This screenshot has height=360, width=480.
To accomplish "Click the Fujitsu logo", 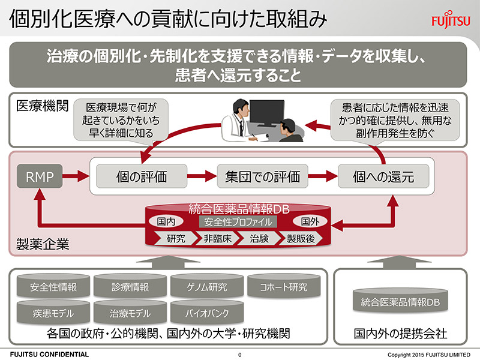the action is pos(451,20).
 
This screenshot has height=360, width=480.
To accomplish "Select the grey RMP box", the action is pos(40,176).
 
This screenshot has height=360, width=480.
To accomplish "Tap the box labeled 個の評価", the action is pos(142,176).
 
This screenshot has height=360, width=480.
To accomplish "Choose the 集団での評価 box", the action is pos(262,176).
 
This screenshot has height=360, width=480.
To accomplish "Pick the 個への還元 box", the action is pos(383,176).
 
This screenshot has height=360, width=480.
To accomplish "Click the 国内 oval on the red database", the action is pos(166,221).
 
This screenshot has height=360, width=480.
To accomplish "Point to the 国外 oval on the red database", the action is pos(310,221).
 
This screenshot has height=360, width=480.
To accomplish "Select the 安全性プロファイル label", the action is pos(238,221).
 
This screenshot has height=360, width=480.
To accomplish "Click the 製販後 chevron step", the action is pos(301,238).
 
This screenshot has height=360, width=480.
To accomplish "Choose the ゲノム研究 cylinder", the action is pos(207,286).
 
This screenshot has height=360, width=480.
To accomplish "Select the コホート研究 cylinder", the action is pos(284,286).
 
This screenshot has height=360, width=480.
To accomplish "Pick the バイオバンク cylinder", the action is pos(207,312).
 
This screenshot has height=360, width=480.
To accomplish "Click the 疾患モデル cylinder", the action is pos(53,312).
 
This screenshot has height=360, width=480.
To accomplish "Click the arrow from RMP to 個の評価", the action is pos(76,176).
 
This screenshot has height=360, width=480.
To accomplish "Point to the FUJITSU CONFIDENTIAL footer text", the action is pos(49,355).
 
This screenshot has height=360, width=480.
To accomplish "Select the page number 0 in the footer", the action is pos(239,355).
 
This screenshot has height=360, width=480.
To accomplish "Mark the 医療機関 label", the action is pos(42,106).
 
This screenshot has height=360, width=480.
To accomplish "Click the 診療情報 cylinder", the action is pos(130,286).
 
